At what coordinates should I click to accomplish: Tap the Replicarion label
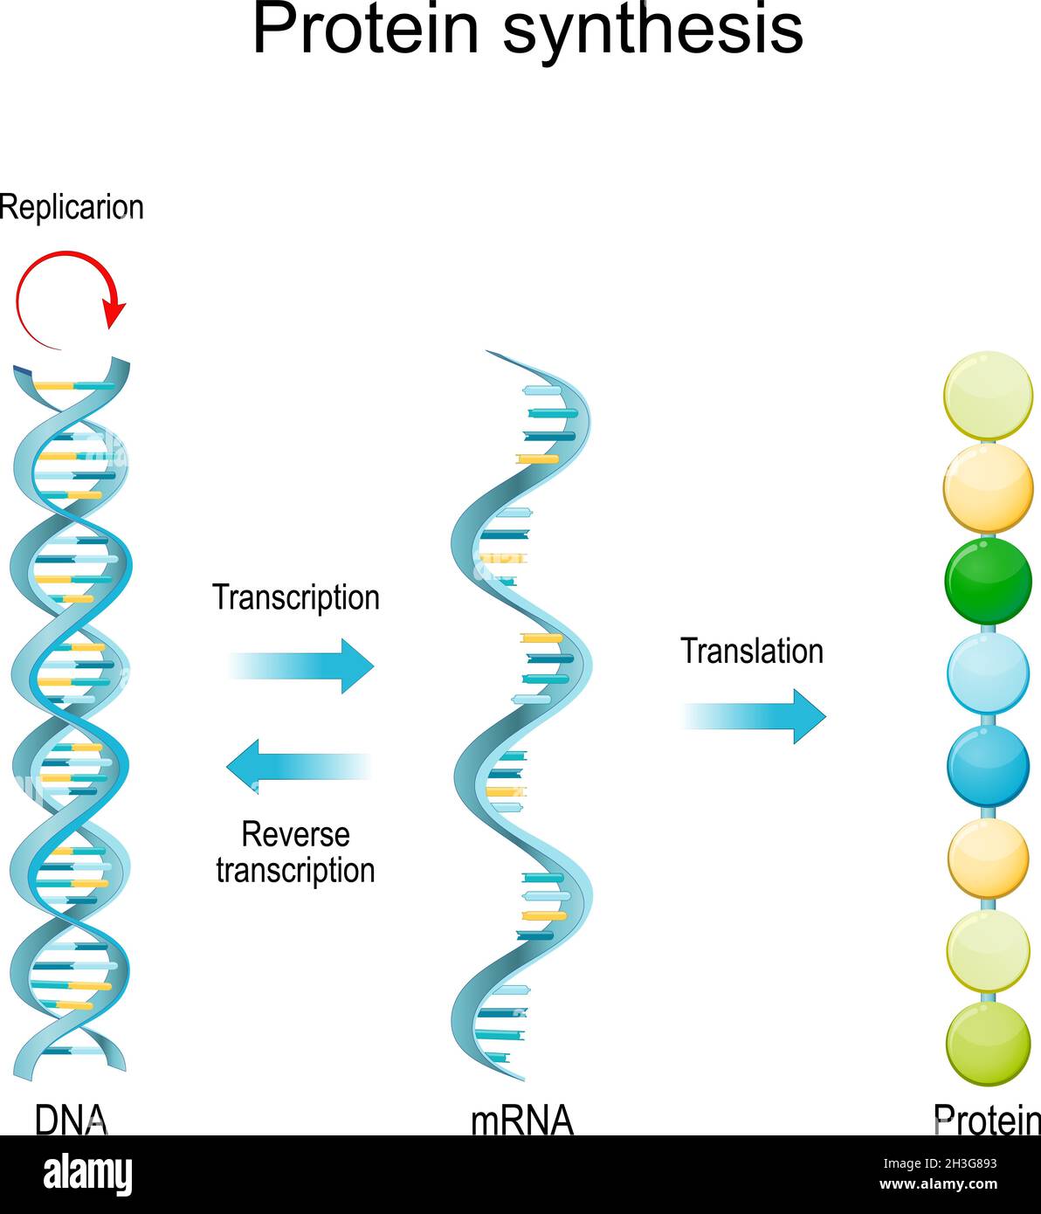tap(72, 208)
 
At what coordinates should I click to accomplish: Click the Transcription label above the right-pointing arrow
tap(296, 597)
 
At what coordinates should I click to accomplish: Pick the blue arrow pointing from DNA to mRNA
tap(302, 666)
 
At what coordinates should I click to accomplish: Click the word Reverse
tap(295, 834)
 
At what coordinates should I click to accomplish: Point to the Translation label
tap(752, 652)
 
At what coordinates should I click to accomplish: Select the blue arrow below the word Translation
tap(754, 716)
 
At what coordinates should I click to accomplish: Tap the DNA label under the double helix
tap(71, 1119)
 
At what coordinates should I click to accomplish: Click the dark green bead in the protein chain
tap(988, 582)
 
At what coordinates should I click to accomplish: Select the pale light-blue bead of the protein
tap(988, 673)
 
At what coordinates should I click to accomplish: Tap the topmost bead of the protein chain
tap(988, 396)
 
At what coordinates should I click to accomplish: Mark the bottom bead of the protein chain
tap(988, 1044)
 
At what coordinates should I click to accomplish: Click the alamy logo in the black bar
tap(88, 1175)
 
